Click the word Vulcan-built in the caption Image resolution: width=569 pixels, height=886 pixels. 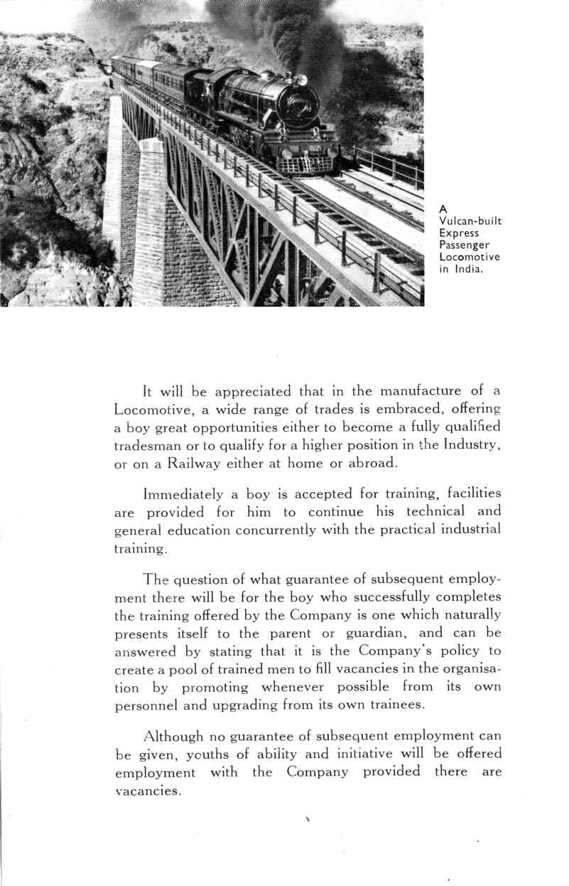click(x=470, y=221)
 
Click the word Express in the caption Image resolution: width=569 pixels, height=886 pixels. click(x=459, y=233)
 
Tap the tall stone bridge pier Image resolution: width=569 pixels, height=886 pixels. click(x=150, y=220)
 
